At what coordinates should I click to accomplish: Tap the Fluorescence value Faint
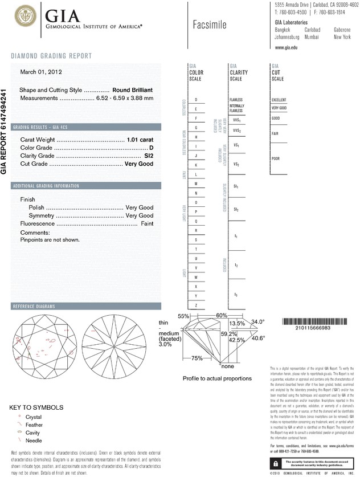coord(146,224)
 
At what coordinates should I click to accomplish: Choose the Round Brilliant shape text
coord(133,91)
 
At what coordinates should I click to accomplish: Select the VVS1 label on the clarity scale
coord(237,121)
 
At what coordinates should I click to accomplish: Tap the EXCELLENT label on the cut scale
coord(279,100)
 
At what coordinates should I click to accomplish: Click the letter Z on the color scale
coord(196,306)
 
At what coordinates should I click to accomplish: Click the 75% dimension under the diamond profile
coord(197,358)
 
